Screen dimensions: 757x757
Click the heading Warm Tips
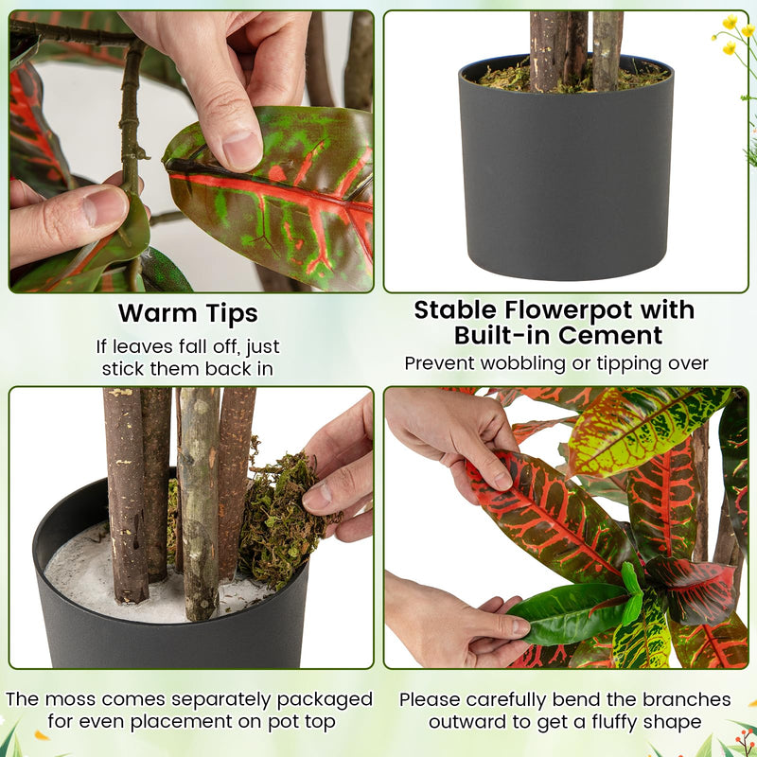click(187, 312)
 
